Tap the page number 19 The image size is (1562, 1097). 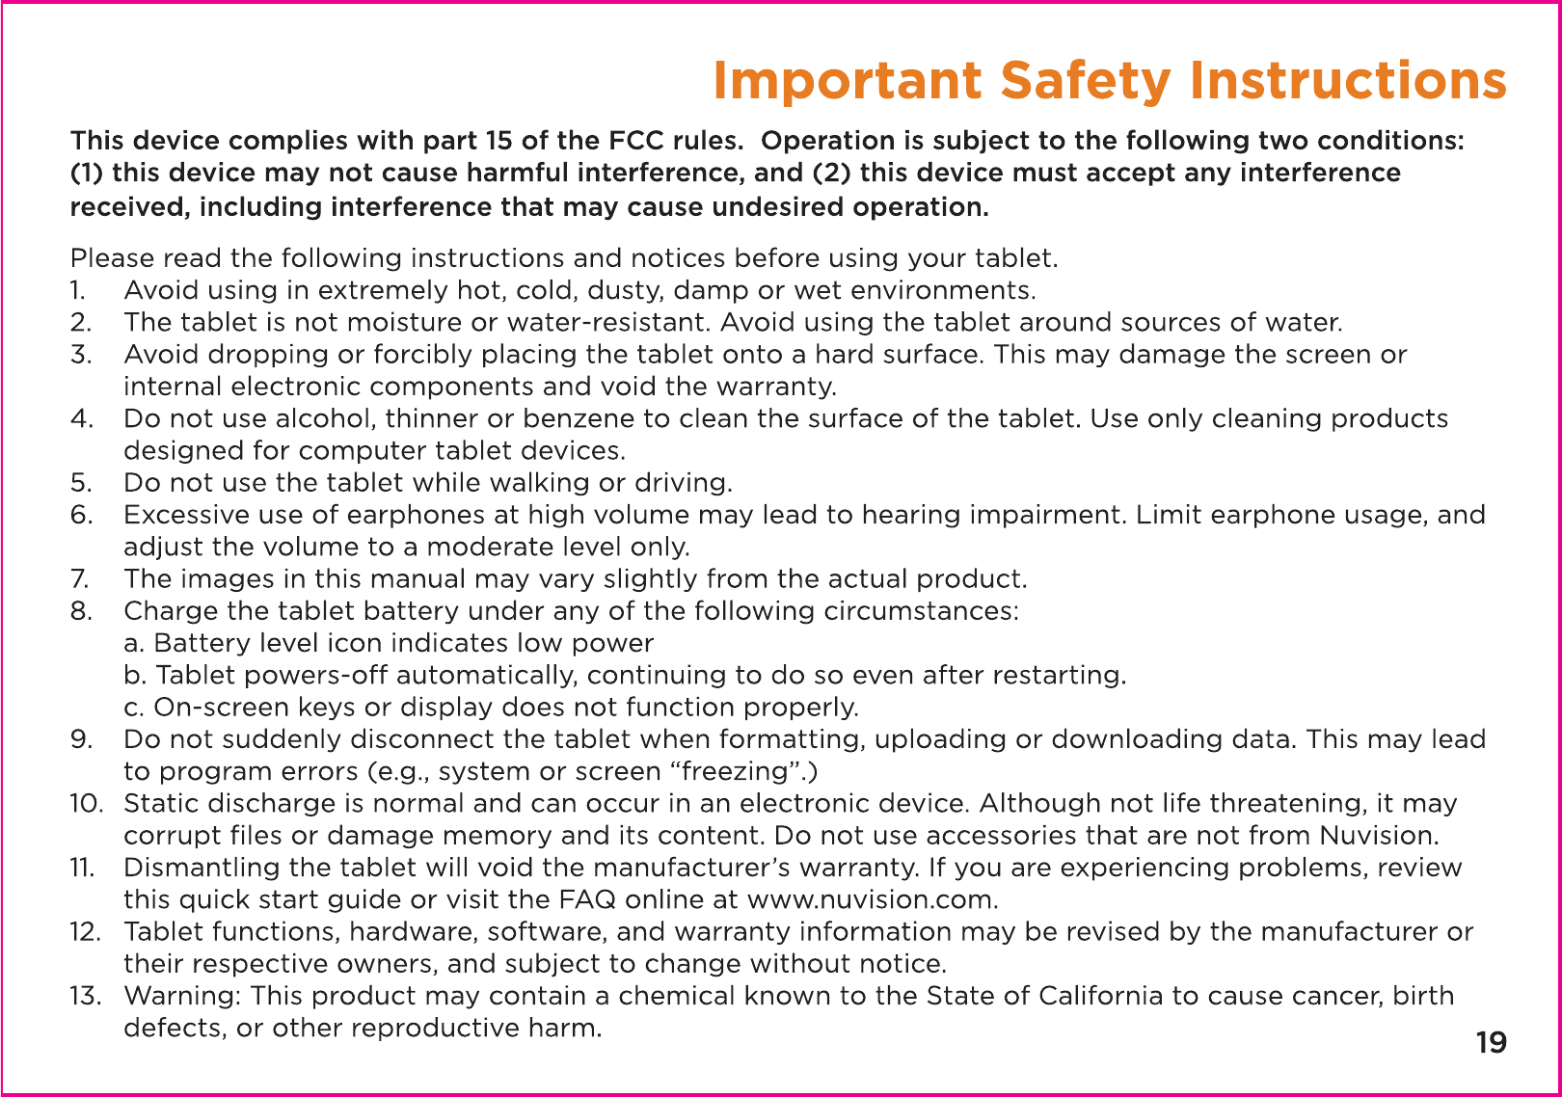click(x=1491, y=1043)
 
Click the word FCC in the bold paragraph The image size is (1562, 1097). click(x=636, y=141)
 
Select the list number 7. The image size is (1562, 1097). click(x=79, y=578)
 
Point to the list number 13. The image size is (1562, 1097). click(x=85, y=995)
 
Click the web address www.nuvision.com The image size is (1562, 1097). click(x=872, y=899)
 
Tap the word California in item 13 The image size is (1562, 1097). click(x=1100, y=995)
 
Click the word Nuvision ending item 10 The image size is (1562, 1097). click(x=1379, y=835)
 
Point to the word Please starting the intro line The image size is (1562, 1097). click(x=112, y=258)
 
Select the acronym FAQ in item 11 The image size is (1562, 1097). click(x=587, y=899)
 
